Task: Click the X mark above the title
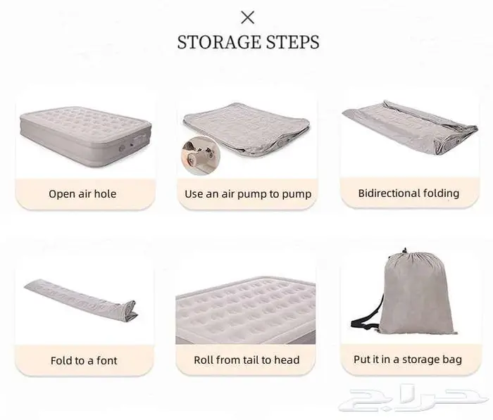[247, 18]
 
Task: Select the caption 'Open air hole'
[82, 194]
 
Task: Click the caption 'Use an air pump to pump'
[248, 194]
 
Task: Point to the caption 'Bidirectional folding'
[408, 193]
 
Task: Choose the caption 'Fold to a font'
[84, 360]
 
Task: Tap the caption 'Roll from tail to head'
[246, 359]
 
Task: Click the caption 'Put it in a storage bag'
[408, 359]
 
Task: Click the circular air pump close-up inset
[201, 155]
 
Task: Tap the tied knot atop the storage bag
[405, 251]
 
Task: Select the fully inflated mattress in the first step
[85, 136]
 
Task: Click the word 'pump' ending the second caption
[297, 194]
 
